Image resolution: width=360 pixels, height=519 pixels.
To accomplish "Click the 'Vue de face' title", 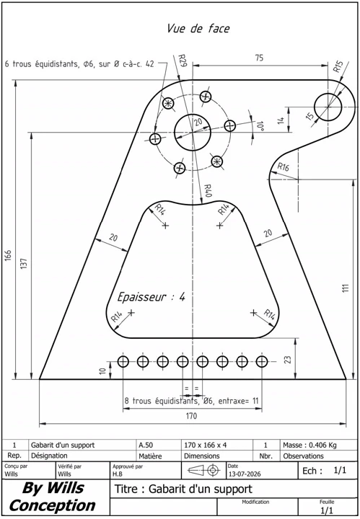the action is click(198, 28).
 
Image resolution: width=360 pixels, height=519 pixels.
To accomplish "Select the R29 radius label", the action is click(183, 61).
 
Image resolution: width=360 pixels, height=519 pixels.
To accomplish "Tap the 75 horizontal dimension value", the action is click(259, 58).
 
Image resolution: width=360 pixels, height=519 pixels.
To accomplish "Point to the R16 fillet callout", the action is click(283, 167).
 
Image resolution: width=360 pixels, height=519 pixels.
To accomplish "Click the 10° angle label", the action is click(260, 126).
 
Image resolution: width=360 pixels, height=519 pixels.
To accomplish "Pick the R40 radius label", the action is click(207, 190).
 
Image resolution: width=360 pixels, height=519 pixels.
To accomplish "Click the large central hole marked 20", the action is click(193, 133).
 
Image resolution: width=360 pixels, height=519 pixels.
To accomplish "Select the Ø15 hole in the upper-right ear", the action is click(328, 107).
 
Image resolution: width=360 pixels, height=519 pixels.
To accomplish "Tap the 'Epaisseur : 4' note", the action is click(151, 297).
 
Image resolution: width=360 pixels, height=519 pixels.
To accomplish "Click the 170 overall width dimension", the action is click(191, 416).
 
